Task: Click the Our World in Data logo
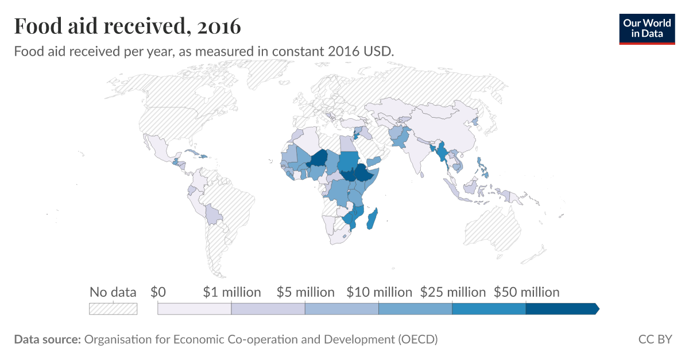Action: [647, 28]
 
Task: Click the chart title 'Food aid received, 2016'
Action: [127, 26]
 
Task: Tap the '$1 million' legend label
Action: [232, 292]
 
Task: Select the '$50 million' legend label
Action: [527, 292]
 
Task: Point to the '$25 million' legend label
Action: [453, 292]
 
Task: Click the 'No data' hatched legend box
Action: [113, 309]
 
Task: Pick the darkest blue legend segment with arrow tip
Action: [562, 309]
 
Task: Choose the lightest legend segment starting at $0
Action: [194, 309]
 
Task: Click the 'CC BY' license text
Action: [655, 339]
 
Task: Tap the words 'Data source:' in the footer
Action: [47, 339]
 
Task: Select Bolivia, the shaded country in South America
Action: [213, 215]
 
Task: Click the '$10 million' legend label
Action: [379, 292]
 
